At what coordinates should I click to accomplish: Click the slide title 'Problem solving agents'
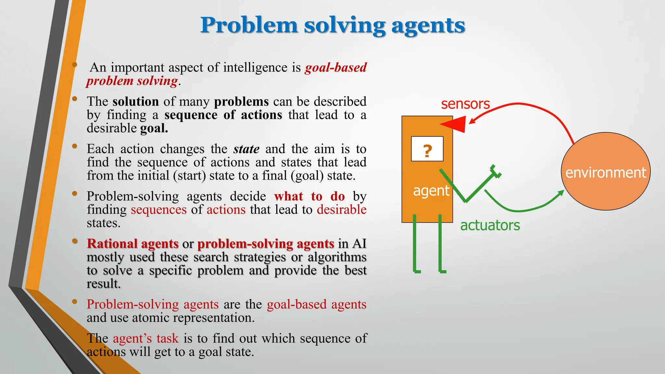(332, 25)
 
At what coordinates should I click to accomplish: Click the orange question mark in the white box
(427, 151)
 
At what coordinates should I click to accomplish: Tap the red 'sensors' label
(465, 104)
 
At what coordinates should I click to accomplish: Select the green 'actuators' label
(490, 225)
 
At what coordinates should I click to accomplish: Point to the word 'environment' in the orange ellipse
(606, 173)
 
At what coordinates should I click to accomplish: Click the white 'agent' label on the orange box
(431, 191)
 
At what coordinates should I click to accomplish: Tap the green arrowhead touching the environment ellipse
(560, 193)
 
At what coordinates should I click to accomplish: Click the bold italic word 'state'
(246, 149)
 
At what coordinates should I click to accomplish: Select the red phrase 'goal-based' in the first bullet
(336, 68)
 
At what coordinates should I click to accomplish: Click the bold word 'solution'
(135, 102)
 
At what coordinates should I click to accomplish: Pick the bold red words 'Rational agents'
(132, 243)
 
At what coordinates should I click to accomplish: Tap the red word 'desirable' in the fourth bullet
(342, 210)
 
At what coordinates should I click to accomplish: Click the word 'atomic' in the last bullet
(150, 318)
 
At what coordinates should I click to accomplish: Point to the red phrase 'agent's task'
(145, 338)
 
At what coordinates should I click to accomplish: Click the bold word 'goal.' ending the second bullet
(154, 128)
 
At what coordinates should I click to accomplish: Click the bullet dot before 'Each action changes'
(75, 146)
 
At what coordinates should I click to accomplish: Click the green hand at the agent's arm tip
(496, 171)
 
